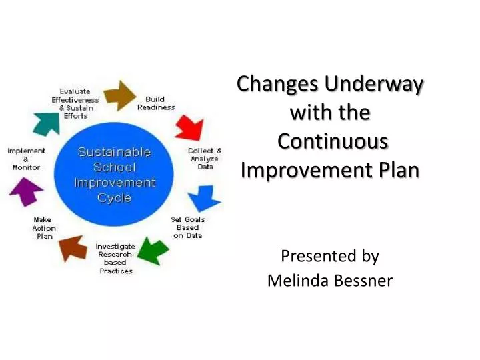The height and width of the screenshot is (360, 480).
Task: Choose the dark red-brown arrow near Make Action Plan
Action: coord(73,247)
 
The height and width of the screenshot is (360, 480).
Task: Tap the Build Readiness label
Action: coord(156,103)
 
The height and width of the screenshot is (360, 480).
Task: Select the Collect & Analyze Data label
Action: coord(205,159)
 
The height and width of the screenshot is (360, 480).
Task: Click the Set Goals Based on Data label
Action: coord(188,227)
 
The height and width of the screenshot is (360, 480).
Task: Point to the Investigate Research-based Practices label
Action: coord(115,259)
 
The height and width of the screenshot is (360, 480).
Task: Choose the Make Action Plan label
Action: coord(45,228)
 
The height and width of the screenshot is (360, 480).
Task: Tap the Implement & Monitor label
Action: coord(26,159)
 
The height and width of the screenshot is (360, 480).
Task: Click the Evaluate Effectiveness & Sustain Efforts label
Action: coord(75,103)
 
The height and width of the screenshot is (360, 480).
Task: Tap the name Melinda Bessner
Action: coord(329,281)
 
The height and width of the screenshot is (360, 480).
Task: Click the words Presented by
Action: coord(329,255)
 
